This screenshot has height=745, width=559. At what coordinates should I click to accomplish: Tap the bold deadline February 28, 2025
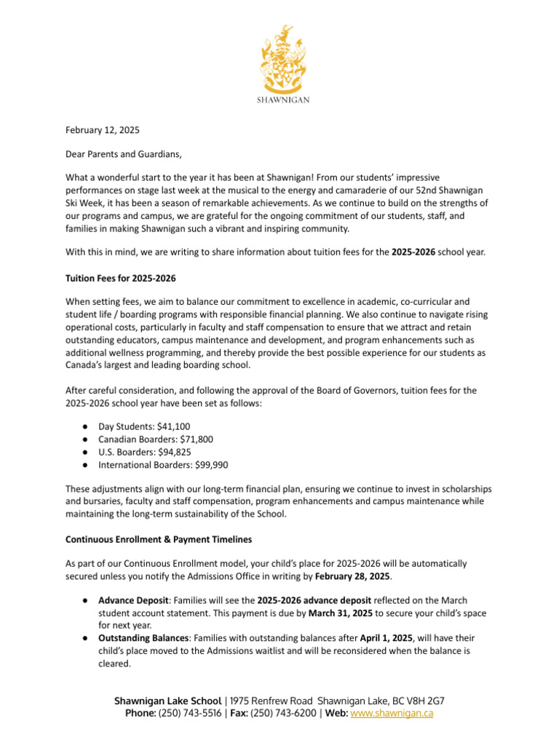[353, 575]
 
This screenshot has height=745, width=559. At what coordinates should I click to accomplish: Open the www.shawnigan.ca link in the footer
[392, 714]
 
